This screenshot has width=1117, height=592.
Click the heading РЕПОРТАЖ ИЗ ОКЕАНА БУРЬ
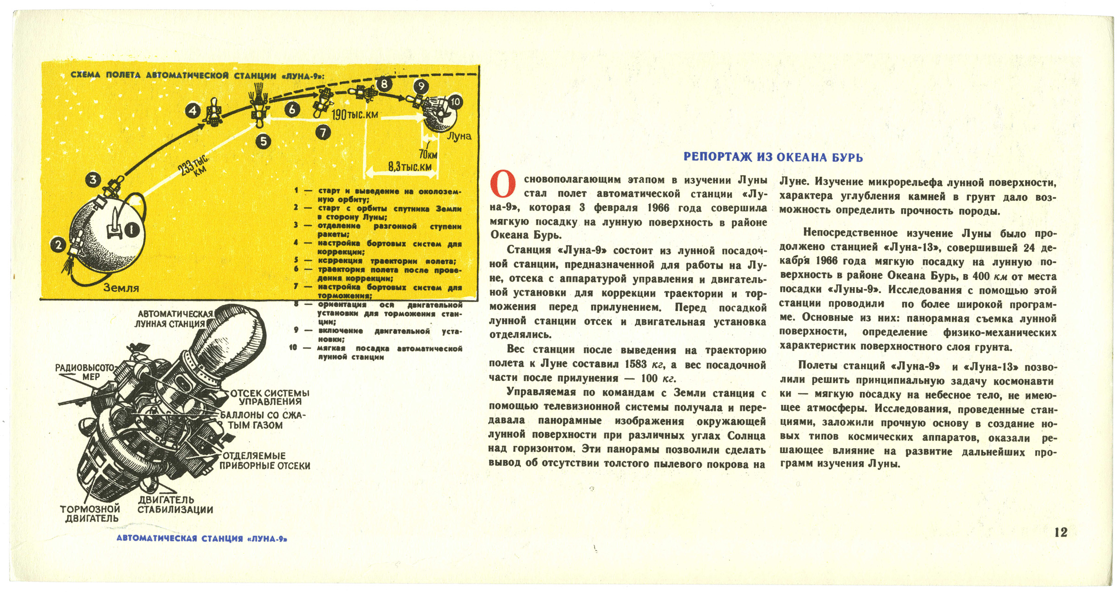pos(773,157)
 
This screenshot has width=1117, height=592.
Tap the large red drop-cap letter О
pos(503,184)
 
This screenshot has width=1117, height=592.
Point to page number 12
pos(1061,532)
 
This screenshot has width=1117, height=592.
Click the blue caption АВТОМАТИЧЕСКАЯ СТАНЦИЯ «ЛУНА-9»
pos(202,539)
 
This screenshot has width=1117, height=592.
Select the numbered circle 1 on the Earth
pos(132,230)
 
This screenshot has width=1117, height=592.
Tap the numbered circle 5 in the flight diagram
pos(264,141)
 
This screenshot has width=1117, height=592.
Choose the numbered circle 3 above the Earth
pos(93,180)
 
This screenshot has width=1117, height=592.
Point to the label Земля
pos(121,288)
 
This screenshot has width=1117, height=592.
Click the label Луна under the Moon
pos(459,136)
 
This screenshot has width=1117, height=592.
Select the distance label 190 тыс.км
pos(355,114)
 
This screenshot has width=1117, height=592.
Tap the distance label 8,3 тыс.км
pos(410,166)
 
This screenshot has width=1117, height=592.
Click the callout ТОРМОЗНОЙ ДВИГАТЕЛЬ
pos(90,514)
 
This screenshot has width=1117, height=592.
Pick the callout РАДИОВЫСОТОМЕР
pos(85,372)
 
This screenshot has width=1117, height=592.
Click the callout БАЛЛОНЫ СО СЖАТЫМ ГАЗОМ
pos(262,420)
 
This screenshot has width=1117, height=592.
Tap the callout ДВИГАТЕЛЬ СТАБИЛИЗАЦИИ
pos(175,505)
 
